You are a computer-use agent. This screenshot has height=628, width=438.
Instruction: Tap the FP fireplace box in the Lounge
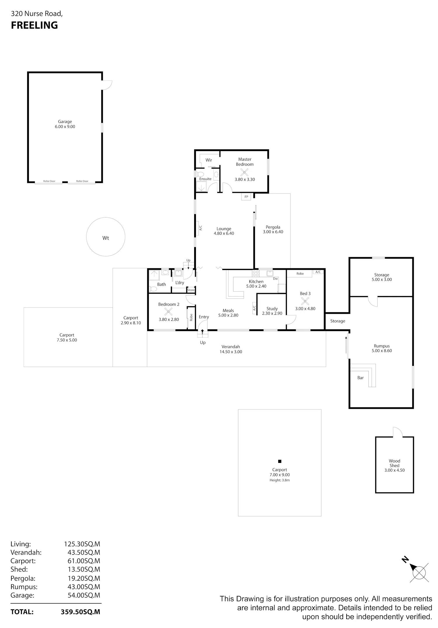point(246,197)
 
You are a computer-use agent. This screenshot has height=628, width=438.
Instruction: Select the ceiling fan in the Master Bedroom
point(244,172)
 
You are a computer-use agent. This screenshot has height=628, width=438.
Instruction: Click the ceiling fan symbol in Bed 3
point(305,301)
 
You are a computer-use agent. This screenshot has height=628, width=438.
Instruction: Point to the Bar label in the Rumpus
point(361,378)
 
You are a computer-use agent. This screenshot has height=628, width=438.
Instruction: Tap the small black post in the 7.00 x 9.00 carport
point(279,461)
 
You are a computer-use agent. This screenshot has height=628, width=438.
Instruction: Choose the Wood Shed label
point(394,463)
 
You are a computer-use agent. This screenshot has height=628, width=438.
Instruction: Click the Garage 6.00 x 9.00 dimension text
point(65,127)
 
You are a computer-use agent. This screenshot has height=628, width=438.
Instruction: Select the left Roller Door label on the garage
point(49,181)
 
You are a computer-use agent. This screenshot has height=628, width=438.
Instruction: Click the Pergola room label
point(273,227)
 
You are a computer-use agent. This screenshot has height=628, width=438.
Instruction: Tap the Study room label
point(272,309)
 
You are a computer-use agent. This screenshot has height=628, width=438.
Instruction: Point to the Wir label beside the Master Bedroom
point(209,160)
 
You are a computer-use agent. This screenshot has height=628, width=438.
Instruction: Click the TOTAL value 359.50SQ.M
point(81,612)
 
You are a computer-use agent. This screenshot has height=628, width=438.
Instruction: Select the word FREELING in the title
point(34,25)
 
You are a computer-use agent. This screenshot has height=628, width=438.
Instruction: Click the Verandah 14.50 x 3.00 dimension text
point(231,352)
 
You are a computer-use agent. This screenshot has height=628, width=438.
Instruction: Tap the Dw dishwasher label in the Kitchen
point(275,279)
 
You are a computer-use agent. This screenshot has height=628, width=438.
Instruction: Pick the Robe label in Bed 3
point(300,274)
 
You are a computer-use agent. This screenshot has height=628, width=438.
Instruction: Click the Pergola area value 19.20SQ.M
point(84,578)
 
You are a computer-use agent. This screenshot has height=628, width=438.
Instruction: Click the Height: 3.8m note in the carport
point(280,480)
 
